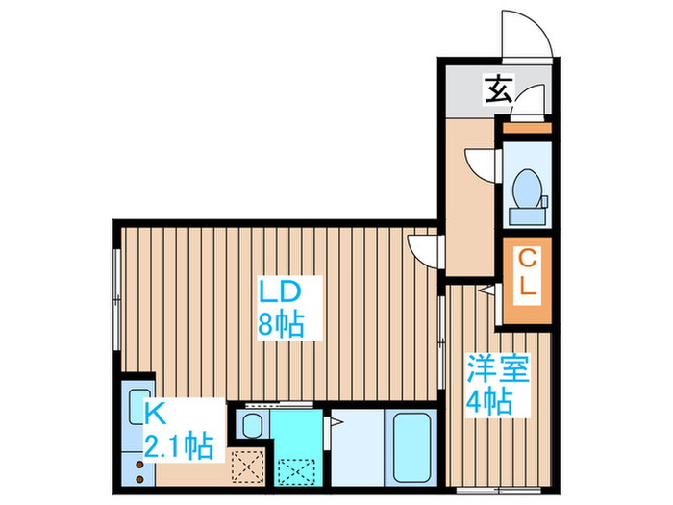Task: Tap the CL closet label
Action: click(x=527, y=273)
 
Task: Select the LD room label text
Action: click(x=279, y=290)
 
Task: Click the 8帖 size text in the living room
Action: click(x=279, y=324)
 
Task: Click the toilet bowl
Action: click(x=527, y=188)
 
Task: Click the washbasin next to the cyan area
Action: click(x=253, y=426)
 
